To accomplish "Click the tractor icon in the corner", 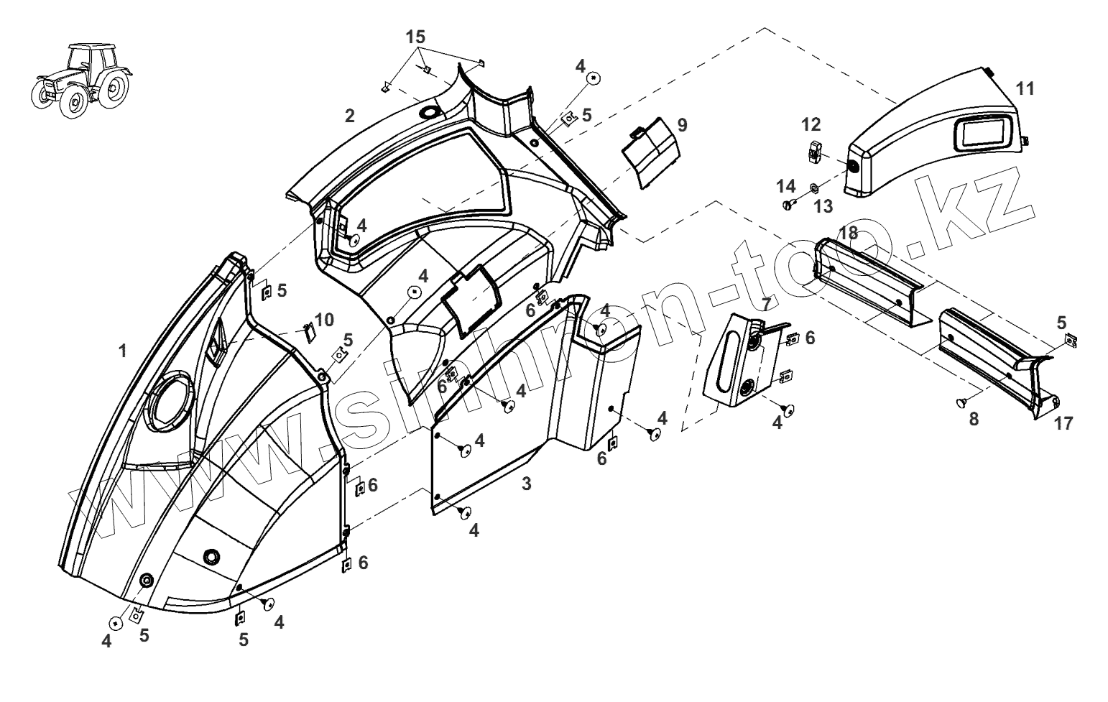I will [x=81, y=78].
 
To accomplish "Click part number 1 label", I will [x=123, y=351].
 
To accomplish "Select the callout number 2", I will [x=350, y=115].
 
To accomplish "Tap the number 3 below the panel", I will [x=527, y=484].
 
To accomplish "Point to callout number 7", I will [x=766, y=304].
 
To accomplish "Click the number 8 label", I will [x=974, y=420].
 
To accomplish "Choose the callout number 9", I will [x=682, y=125].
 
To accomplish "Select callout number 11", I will [x=1025, y=89].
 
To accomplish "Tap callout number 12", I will [x=811, y=125].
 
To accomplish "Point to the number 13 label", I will [x=823, y=206].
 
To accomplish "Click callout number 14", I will [x=786, y=187].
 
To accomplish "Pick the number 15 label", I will [x=415, y=37].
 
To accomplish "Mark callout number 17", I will [x=1063, y=423].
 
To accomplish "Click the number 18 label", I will [x=848, y=233].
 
